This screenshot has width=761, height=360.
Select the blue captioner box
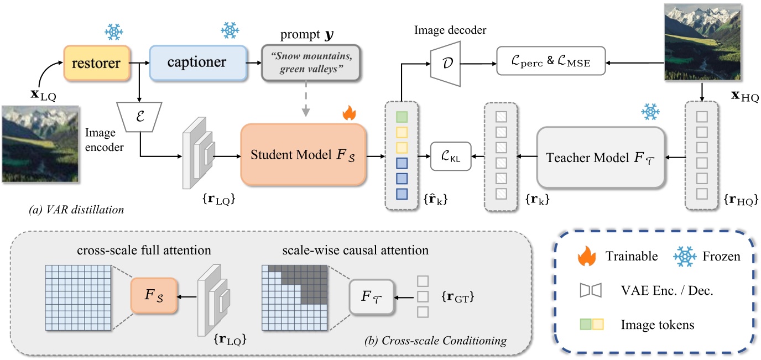(x=197, y=62)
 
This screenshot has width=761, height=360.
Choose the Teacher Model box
(x=601, y=158)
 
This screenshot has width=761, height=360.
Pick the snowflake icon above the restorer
(x=113, y=32)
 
